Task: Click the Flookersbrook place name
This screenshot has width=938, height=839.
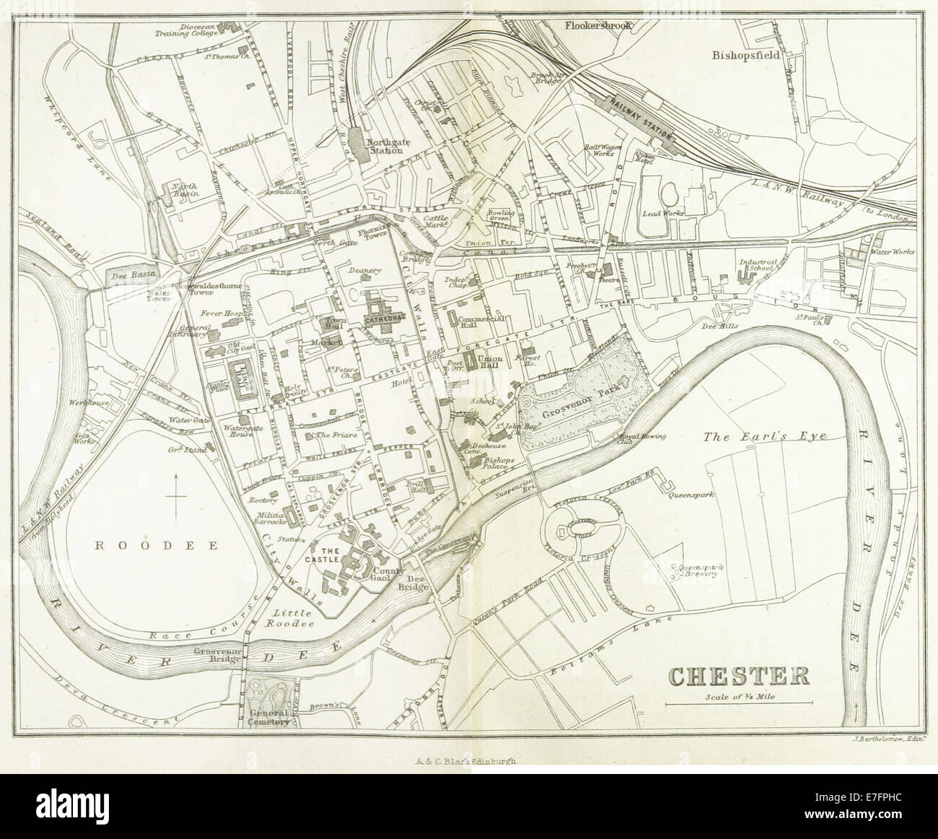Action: click(598, 25)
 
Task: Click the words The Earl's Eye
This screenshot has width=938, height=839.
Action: click(764, 436)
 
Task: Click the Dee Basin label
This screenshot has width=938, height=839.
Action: click(131, 275)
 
